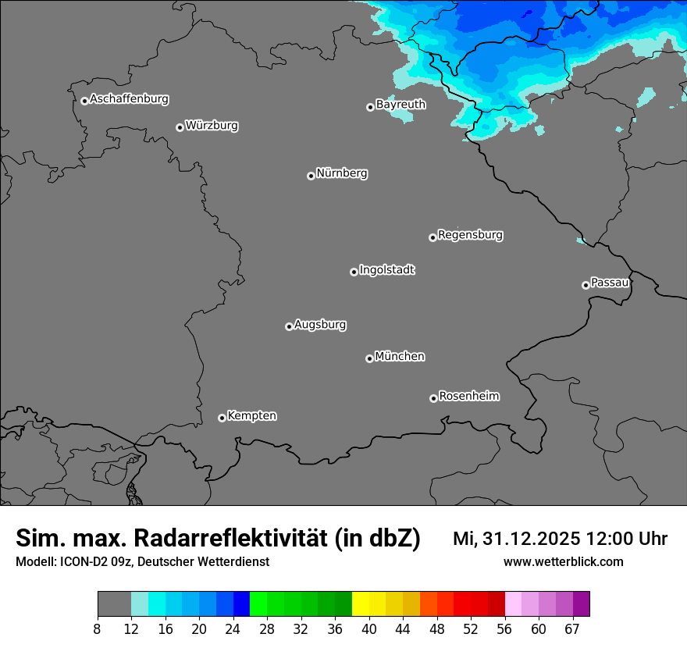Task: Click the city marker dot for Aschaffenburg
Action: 84,101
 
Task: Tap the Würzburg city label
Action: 212,126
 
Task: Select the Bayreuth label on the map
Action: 400,105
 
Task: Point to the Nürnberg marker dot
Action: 311,176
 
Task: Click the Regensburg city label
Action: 470,235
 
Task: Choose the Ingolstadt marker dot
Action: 354,272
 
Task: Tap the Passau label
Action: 610,283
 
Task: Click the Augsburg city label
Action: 320,325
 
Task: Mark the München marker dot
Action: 369,358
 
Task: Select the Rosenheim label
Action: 468,397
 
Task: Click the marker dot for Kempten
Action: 222,418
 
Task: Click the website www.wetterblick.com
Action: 563,562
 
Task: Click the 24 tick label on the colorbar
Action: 233,629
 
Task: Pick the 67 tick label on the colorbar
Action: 571,629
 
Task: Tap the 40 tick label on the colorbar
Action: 368,629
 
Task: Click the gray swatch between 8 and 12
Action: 114,604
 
